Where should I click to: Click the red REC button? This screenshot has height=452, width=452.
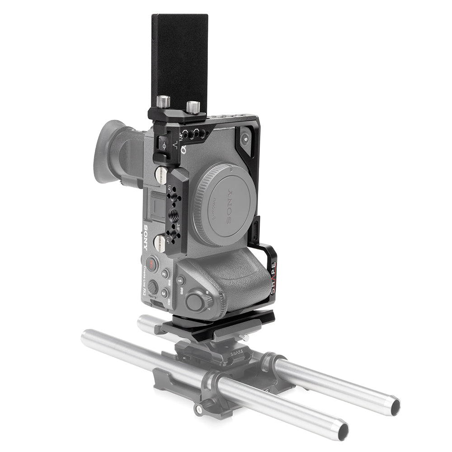click(x=151, y=264)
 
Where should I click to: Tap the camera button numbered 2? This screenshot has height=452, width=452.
click(x=165, y=273)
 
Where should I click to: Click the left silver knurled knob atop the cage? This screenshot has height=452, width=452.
click(x=163, y=101)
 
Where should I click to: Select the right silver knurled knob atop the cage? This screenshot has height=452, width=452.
click(x=193, y=107)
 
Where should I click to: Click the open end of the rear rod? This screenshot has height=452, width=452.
click(x=395, y=406)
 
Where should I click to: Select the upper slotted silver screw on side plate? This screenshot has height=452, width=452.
click(x=161, y=174)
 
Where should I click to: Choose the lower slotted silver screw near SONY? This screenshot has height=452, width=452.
click(x=160, y=243)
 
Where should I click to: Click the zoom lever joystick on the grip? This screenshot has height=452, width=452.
click(x=195, y=302)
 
